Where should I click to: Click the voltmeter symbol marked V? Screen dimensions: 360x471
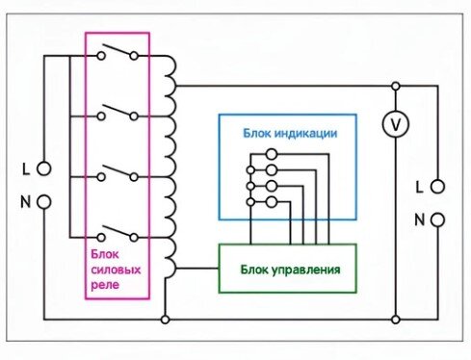(x=394, y=123)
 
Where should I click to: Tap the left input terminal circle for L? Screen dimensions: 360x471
(x=43, y=168)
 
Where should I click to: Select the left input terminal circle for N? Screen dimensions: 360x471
(x=43, y=203)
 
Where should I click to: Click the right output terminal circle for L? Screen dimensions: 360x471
(x=438, y=185)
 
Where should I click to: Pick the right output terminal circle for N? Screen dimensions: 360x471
(x=438, y=219)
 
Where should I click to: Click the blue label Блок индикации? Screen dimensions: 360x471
(x=288, y=132)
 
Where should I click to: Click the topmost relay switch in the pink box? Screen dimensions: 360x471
(x=118, y=54)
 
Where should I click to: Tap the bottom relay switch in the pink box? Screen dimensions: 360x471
(x=118, y=233)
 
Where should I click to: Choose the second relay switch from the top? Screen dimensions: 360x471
(x=118, y=114)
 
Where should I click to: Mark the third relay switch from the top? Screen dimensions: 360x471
(x=118, y=174)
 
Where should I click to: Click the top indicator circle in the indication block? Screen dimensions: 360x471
(x=272, y=154)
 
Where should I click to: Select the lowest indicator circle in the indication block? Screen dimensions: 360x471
(x=272, y=201)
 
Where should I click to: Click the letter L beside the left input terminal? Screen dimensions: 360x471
(x=26, y=168)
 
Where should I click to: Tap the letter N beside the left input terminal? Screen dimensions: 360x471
(x=26, y=203)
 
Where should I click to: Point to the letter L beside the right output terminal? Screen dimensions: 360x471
(x=419, y=184)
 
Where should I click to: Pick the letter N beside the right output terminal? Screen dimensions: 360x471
(x=419, y=219)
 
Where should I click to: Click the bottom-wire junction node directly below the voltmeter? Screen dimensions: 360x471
(x=394, y=318)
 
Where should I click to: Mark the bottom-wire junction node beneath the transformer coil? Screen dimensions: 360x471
(x=166, y=318)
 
